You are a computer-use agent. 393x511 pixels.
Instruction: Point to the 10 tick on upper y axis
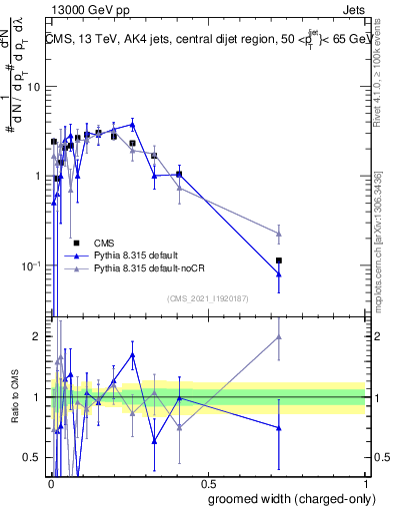pos(32,86)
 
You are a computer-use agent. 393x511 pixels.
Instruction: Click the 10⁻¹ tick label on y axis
pos(29,265)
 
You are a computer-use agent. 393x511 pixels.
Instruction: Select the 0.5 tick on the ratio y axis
pos(32,457)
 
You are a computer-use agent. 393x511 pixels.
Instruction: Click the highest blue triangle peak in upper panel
pos(133,125)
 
